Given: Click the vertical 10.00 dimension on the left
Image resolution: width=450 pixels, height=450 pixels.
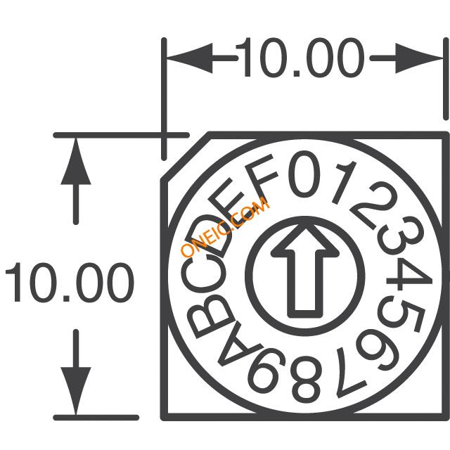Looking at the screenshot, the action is [x=70, y=282].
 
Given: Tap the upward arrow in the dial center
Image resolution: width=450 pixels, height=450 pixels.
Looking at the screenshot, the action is [x=305, y=271].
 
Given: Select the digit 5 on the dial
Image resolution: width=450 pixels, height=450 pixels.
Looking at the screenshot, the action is [x=400, y=315].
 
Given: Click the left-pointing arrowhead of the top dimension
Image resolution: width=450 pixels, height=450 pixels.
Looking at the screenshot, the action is [x=190, y=58].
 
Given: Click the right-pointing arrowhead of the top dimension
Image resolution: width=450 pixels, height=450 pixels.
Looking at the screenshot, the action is [x=420, y=58].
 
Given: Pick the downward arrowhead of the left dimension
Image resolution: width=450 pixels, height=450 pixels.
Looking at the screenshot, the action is [x=76, y=391].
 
